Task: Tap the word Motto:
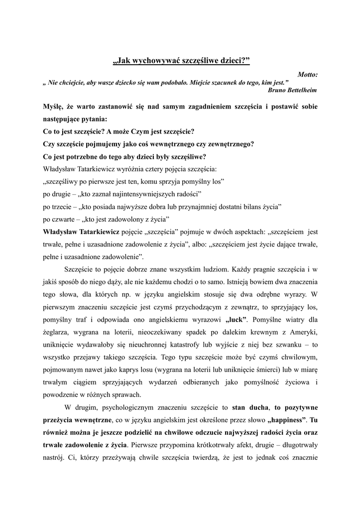(307, 74)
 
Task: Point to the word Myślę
(53, 107)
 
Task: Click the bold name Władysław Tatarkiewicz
(81, 232)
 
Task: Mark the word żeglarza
(58, 332)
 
